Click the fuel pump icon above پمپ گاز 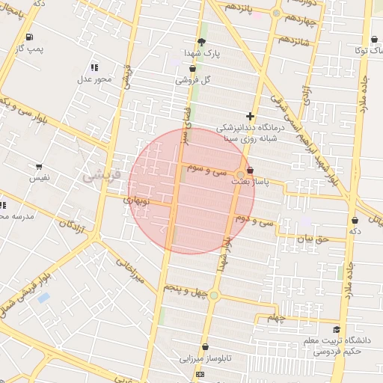(29, 37)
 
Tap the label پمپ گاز (31, 49)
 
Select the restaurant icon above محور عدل (94, 67)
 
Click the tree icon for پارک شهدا (201, 42)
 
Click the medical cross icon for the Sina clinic (250, 116)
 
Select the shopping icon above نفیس (38, 167)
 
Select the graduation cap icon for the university (336, 329)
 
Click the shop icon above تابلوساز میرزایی (204, 346)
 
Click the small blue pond (43, 298)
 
